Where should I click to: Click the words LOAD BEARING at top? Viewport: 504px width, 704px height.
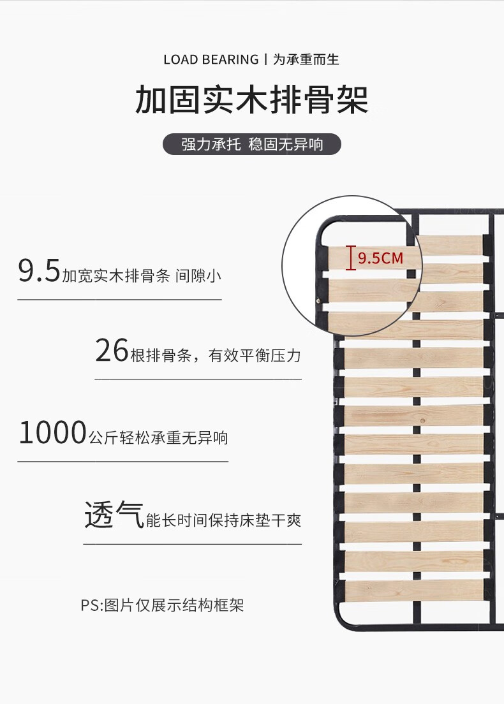pos(211,60)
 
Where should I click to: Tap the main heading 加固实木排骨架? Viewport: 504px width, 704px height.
pos(251,100)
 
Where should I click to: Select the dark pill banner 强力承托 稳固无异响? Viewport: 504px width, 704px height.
pos(251,144)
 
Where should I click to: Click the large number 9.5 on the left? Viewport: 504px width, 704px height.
pos(39,272)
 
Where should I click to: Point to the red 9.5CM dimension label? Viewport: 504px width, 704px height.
pos(381,258)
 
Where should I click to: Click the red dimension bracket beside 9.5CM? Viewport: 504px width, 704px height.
pos(350,258)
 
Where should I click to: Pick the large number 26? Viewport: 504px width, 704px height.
pos(112,351)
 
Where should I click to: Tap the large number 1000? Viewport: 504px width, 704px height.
pos(52,433)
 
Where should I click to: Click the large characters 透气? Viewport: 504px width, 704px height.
pos(114,515)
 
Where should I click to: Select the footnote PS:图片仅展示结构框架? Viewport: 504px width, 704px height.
pos(162,605)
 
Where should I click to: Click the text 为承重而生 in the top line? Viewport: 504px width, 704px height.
pos(306,60)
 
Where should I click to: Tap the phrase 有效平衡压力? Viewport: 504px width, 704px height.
pos(255,356)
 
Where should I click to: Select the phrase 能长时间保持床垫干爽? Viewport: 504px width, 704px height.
pos(223,520)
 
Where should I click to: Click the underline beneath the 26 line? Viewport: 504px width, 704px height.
pos(198,380)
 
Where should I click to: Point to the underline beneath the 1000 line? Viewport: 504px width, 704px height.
pos(122,461)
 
